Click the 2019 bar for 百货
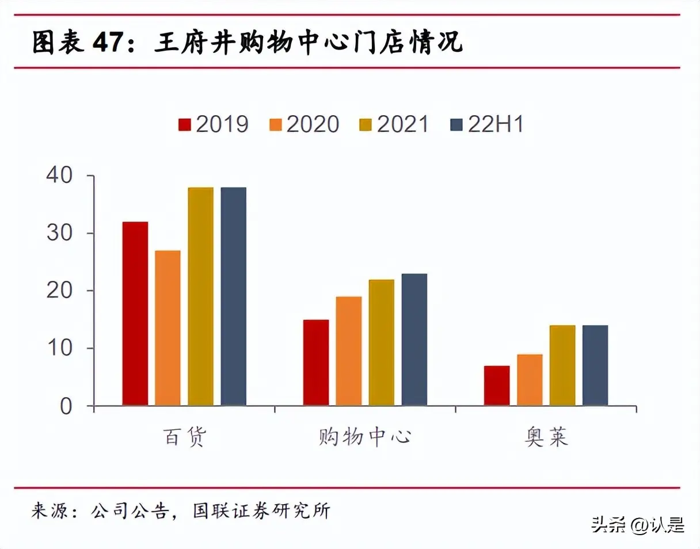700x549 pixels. point(135,314)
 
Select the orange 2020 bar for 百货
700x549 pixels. point(168,328)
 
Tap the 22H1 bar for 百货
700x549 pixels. point(233,296)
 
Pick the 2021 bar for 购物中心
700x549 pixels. point(382,342)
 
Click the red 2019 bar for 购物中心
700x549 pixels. point(316,363)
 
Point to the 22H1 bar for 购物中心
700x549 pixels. point(414,340)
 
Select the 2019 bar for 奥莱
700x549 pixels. point(497,386)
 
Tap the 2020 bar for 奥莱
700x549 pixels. point(530,380)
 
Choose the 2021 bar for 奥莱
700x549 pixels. point(562,365)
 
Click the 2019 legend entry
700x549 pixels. point(214,124)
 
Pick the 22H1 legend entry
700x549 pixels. point(486,124)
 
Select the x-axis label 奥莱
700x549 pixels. point(546,437)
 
